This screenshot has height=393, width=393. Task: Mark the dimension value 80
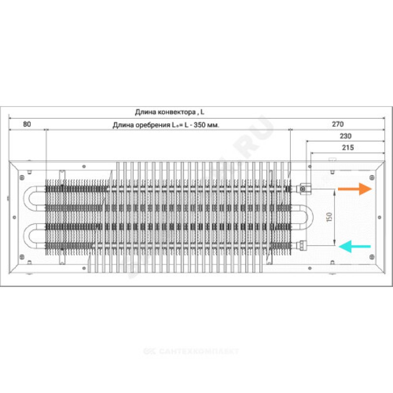[27, 124]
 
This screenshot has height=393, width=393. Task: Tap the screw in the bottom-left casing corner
[21, 256]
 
